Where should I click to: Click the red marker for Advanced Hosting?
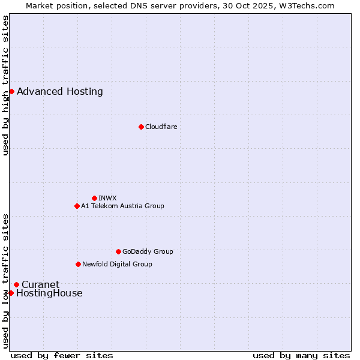(11, 91)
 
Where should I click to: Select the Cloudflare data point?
(141, 127)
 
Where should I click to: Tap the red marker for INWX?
(94, 198)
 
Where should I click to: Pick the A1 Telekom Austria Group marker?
(77, 206)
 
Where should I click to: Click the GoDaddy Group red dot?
(118, 251)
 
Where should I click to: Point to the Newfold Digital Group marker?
(78, 264)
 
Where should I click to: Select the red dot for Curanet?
(16, 284)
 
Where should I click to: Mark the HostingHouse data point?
(11, 293)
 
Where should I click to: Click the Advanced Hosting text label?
(60, 92)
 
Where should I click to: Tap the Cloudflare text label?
(161, 127)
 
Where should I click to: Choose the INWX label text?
(107, 198)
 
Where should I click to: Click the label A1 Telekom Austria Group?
(122, 206)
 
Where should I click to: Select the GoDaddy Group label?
(148, 251)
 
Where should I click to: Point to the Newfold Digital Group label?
(117, 264)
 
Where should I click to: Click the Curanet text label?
(40, 284)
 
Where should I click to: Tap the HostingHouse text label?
(49, 293)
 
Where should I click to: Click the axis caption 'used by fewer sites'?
(62, 355)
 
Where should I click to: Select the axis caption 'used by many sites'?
(301, 355)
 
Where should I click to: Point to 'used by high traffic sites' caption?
(5, 85)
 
